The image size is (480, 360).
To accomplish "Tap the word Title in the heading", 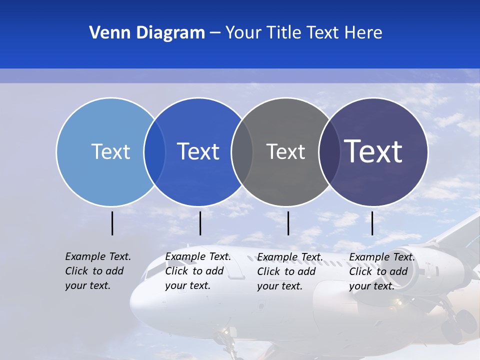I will [284, 33].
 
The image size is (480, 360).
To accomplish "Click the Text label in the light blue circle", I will [110, 151].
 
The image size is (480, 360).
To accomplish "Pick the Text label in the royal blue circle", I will [198, 151].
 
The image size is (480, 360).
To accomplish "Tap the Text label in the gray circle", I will [285, 151].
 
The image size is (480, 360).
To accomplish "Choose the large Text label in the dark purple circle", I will [373, 151].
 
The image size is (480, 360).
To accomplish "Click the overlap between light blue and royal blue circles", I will [154, 151].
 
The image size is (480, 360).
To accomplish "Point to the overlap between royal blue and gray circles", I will [242, 151].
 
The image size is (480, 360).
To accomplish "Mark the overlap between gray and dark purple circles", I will [329, 151].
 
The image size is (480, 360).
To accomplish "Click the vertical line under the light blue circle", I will [112, 223].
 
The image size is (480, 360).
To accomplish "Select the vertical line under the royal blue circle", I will [200, 223].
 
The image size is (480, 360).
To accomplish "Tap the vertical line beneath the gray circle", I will [288, 223].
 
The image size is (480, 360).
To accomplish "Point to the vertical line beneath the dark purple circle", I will [372, 223].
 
